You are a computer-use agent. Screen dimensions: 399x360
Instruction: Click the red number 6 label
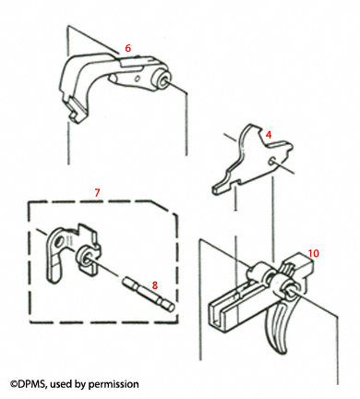pos(127,47)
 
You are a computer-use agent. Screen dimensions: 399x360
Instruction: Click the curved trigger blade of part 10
pos(276,328)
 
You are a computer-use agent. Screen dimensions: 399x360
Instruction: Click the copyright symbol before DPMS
pos(14,382)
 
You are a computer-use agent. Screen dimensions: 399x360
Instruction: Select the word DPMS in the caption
pos(36,382)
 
